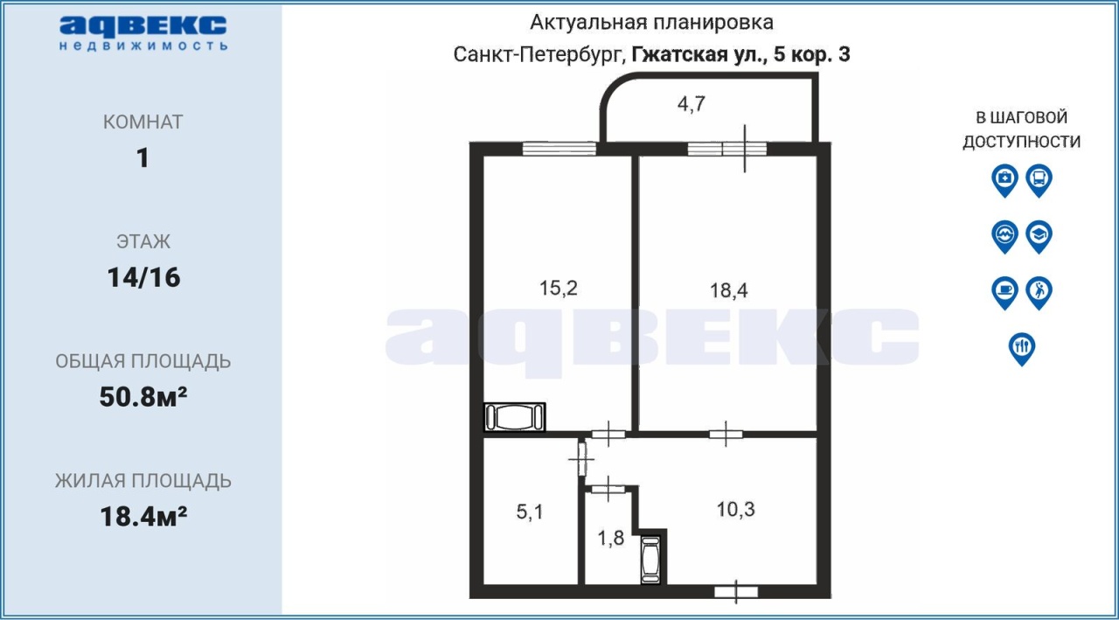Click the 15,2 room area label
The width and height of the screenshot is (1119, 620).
559,289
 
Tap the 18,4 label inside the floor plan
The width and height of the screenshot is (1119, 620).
729,290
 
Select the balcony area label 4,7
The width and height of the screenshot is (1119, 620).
692,104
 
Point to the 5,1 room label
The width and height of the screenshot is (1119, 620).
530,512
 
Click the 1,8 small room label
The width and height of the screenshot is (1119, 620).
611,538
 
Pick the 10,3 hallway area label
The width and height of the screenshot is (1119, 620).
736,510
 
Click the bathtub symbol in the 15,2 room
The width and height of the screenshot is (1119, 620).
515,416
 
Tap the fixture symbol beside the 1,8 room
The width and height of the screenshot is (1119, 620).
650,560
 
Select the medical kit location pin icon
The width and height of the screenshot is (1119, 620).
1004,180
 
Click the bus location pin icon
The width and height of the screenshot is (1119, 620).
1039,180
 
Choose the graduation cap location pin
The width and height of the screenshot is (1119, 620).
1039,237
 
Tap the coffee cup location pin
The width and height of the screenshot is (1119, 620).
1004,293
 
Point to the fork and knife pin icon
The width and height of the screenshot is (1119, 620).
1022,349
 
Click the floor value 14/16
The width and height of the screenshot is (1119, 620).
143,278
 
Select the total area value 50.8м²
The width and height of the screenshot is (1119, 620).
143,397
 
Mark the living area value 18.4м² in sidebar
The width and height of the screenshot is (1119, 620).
143,517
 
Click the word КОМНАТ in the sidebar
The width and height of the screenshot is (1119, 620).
143,122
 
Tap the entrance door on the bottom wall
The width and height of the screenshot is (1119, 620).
736,592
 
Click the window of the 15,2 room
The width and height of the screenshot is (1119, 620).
559,149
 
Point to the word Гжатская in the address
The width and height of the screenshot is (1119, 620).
680,54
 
